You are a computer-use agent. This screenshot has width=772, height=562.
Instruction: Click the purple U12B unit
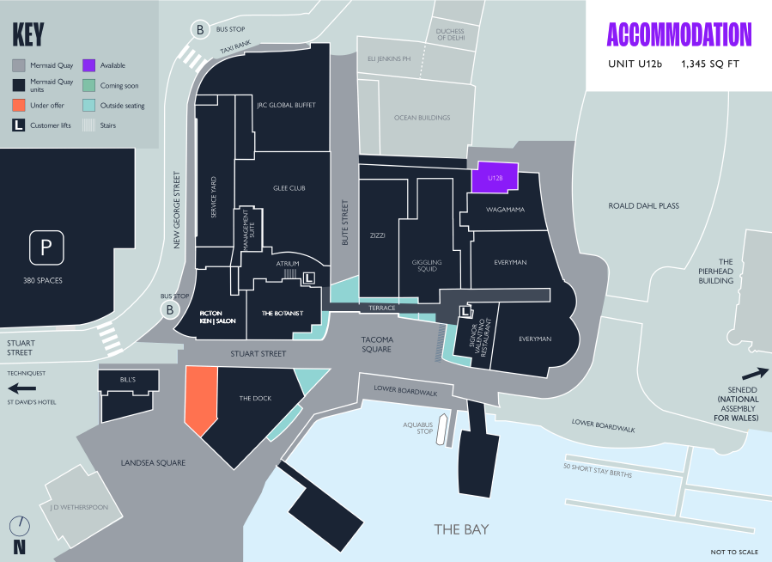click(495, 177)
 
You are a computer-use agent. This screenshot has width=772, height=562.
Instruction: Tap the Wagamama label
click(505, 209)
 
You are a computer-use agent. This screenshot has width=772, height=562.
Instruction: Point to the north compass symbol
click(19, 526)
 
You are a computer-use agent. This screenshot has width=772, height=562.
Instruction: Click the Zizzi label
click(378, 235)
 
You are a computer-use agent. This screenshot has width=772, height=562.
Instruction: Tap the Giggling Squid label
click(426, 265)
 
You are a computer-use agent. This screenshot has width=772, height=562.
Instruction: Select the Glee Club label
click(289, 187)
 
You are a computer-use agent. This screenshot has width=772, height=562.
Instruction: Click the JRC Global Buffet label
click(286, 106)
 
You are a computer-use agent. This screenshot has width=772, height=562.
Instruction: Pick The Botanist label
click(283, 314)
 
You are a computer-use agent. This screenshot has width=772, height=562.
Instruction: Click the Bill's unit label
click(129, 379)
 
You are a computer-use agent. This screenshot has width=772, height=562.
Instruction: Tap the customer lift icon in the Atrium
click(309, 278)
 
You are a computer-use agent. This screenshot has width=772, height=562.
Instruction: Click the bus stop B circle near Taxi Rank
click(199, 31)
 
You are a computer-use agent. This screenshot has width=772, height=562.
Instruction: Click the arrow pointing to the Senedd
click(753, 374)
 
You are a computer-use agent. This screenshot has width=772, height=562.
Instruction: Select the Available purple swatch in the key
click(88, 65)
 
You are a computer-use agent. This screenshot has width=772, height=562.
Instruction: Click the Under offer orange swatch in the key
click(18, 106)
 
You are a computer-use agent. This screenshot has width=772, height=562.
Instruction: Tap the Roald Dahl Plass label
click(643, 206)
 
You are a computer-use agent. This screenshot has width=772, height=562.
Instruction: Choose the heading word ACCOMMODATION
click(678, 34)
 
